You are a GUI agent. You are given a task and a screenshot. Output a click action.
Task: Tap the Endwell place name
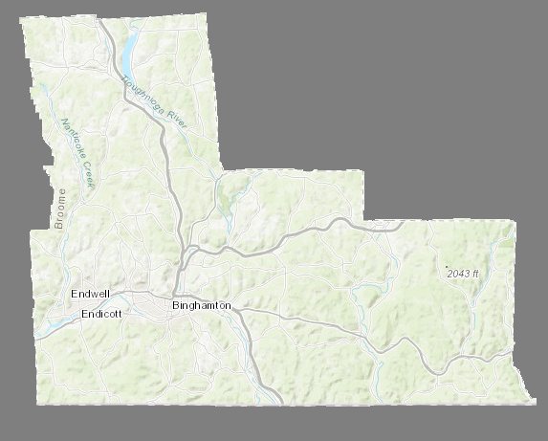(91, 294)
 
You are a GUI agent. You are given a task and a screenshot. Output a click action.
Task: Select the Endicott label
(101, 314)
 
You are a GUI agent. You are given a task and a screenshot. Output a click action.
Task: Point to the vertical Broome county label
(60, 209)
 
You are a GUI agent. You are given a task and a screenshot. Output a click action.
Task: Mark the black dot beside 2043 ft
(446, 267)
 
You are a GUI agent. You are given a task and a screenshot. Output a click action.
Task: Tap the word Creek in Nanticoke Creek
(89, 174)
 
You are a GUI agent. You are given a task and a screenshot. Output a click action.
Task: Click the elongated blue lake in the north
(129, 54)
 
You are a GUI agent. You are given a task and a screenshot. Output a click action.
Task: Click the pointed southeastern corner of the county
(533, 399)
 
